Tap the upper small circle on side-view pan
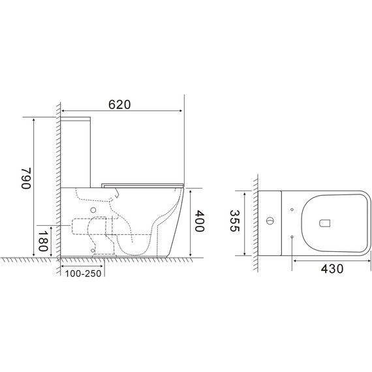(x=93, y=209)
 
